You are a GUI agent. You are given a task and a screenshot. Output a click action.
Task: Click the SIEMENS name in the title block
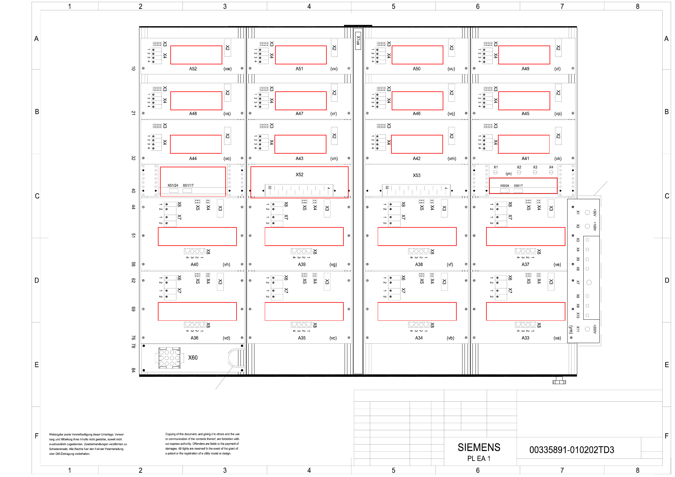(479, 447)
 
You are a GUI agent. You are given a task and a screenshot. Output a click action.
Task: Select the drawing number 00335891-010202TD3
(571, 450)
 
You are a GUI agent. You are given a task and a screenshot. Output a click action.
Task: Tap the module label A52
(193, 69)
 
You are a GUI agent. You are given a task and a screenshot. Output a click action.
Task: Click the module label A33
(525, 338)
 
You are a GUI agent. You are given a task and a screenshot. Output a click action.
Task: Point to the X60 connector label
(193, 358)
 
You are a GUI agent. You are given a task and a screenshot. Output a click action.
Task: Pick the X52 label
(299, 175)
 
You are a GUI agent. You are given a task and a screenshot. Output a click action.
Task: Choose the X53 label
(417, 175)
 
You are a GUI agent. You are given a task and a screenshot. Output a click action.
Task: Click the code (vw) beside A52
(228, 69)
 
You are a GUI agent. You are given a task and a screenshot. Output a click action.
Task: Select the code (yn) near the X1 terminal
(509, 174)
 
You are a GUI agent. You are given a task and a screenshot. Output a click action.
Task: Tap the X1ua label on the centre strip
(358, 40)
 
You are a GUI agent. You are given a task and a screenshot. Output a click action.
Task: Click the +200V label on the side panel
(595, 329)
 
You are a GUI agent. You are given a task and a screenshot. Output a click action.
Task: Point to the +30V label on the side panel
(595, 212)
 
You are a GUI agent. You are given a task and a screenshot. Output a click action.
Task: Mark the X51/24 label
(173, 186)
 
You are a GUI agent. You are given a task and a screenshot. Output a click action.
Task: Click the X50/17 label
(518, 186)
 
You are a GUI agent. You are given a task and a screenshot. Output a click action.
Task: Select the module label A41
(525, 158)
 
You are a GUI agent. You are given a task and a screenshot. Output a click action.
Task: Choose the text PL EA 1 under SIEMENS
(479, 458)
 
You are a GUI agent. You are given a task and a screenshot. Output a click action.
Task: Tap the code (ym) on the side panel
(571, 329)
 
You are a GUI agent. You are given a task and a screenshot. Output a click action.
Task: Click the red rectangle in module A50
(418, 55)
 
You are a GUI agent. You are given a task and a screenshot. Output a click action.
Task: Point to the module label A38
(419, 264)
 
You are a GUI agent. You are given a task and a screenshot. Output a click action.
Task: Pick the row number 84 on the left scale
(133, 370)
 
